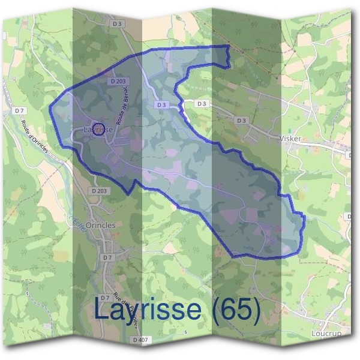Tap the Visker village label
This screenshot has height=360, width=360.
(x=290, y=138)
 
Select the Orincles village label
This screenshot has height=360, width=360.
(x=101, y=226)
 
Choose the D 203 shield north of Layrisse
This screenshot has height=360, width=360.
(x=118, y=81)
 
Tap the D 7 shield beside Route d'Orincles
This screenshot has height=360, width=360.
(x=20, y=111)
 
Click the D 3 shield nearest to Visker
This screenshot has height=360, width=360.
(x=241, y=121)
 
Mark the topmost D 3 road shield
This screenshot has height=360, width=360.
(x=118, y=40)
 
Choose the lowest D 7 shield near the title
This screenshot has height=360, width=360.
(x=105, y=298)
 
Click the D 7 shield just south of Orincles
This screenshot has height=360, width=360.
(x=107, y=257)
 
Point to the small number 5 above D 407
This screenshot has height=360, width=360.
(x=186, y=332)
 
